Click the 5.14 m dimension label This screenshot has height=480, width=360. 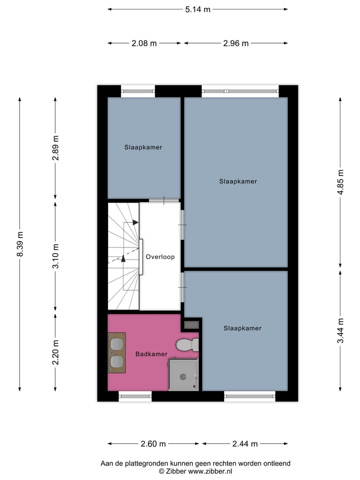pos(197,9)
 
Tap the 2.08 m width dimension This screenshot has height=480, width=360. pos(144,43)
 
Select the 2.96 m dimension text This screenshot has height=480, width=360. pos(235,43)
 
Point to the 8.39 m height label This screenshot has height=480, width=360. pos(20,244)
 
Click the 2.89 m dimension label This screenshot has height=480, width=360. pos(56,148)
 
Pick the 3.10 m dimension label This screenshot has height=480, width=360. pos(56,256)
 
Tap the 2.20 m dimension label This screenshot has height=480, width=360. pos(56,352)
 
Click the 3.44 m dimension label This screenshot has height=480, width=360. pos(340,331)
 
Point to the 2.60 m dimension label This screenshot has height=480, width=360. pos(153,443)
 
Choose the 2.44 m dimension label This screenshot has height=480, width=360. pos(244,443)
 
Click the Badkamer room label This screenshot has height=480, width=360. pos(151,354)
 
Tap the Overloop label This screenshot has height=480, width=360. pos(160,257)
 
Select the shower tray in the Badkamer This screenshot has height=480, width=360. pos(183,374)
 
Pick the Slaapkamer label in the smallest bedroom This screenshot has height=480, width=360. pos(143,147)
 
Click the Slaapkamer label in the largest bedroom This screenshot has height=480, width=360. pos(238,181)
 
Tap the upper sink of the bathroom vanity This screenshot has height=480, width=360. pos(117,344)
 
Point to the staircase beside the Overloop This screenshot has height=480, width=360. pos(123,256)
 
